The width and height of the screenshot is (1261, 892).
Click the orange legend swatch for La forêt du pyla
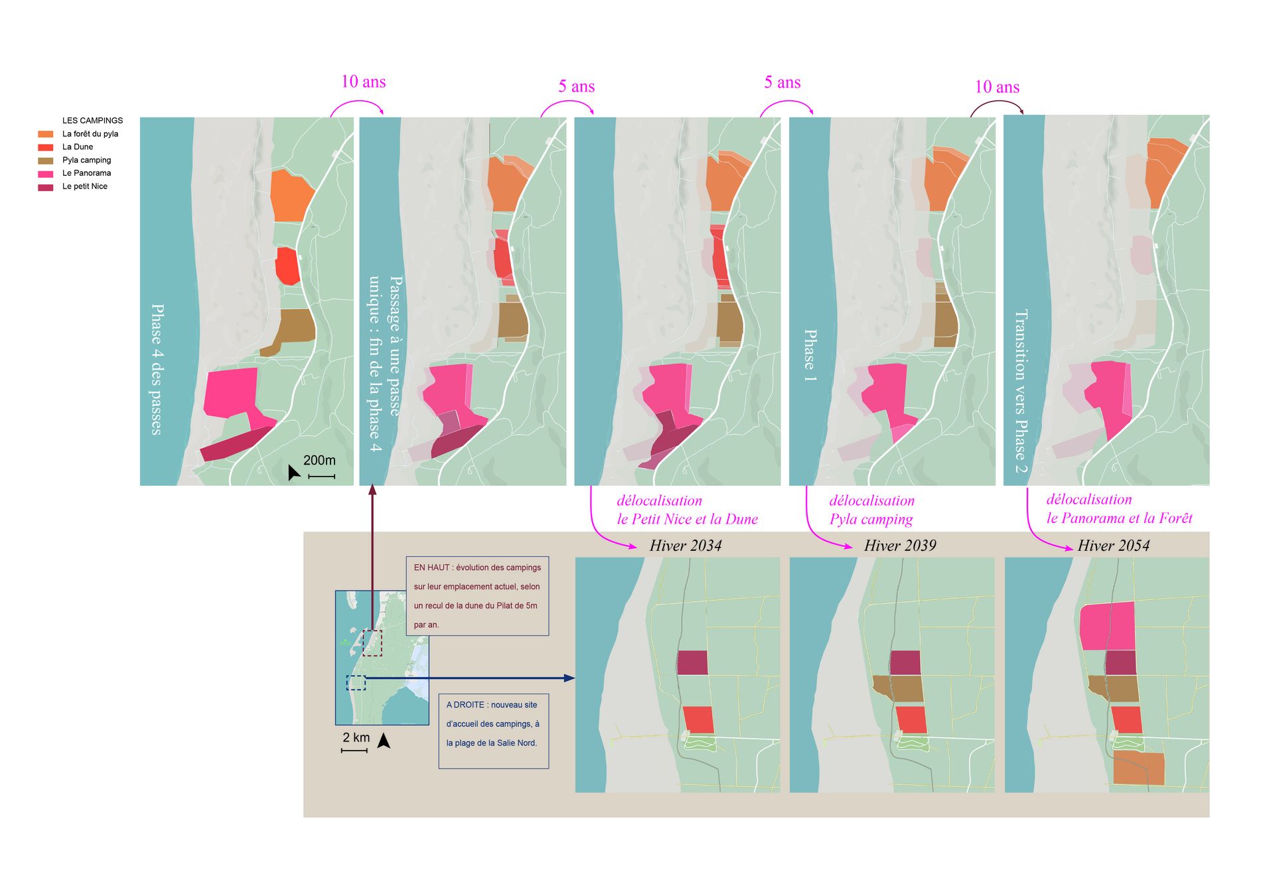coord(46,134)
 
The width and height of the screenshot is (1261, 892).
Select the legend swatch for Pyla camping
coord(46,161)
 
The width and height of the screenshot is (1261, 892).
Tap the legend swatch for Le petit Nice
coord(46,187)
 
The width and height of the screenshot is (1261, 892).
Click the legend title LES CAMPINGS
coord(92,121)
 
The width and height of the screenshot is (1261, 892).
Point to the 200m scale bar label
coord(319,460)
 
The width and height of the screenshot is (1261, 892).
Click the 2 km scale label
coord(356,737)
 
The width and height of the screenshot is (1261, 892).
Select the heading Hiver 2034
coord(686,546)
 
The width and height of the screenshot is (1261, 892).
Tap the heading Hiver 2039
coord(900,546)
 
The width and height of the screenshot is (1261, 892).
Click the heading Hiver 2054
coord(1114,546)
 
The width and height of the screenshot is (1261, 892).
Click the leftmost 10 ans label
coord(363,82)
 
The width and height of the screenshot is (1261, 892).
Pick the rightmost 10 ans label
coord(997,87)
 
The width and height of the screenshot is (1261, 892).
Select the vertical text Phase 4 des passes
coord(157,370)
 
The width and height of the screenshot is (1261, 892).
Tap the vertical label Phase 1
coord(810,355)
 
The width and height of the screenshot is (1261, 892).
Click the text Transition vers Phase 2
coord(1021,392)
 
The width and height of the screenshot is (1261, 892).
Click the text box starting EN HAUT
coord(477,596)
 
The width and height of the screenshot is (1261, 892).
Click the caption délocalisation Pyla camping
coord(872,510)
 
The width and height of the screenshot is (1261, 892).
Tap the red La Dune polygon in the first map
coord(287,266)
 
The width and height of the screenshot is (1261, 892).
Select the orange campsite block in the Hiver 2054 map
coord(1139,769)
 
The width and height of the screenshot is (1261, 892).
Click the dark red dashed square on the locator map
coord(372,642)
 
